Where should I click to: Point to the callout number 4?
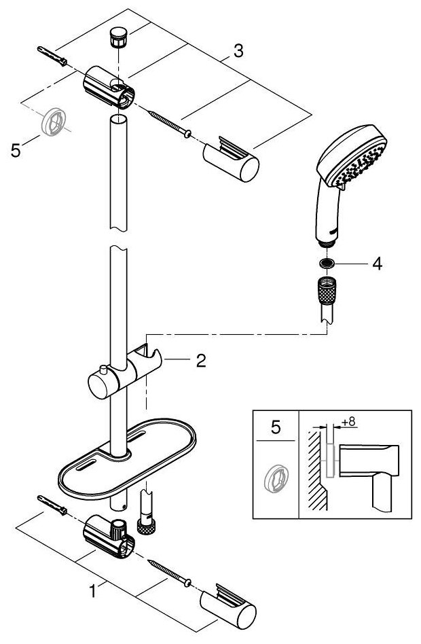click(x=378, y=264)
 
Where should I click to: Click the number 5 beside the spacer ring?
click(x=16, y=149)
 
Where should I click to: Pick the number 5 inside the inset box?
click(x=275, y=427)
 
